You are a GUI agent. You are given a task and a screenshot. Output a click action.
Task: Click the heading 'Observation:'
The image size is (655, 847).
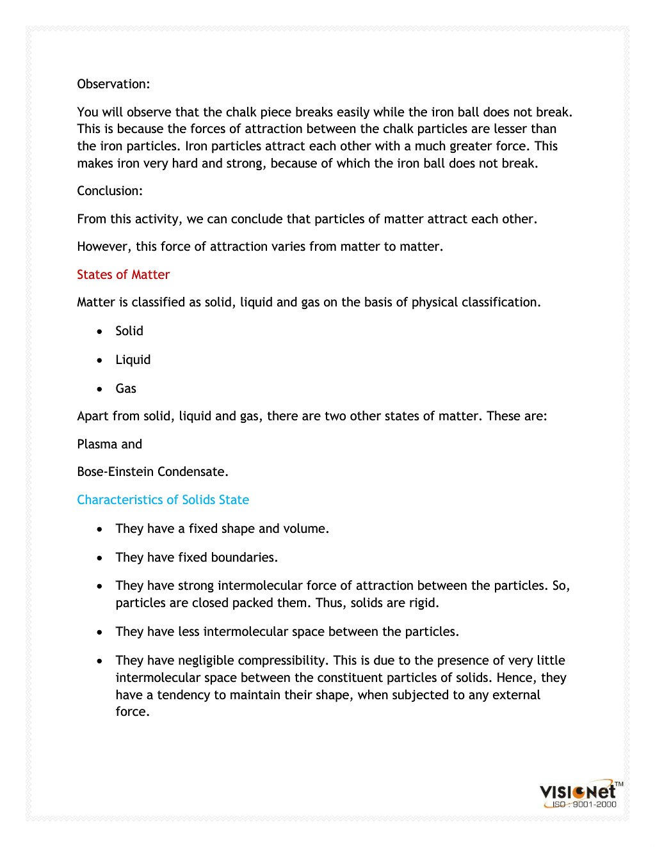[113, 84]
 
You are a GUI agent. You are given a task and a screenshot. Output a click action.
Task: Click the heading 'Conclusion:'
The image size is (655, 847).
[109, 191]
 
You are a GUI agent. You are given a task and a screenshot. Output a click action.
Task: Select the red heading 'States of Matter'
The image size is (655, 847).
[123, 274]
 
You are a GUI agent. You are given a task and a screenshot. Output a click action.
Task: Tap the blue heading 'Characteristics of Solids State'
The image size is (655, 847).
[163, 500]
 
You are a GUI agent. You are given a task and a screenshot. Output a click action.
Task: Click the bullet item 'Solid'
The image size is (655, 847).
[129, 331]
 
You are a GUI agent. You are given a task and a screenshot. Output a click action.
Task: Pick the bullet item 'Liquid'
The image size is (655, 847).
[133, 360]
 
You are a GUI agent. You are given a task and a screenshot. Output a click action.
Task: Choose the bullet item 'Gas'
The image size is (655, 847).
[125, 388]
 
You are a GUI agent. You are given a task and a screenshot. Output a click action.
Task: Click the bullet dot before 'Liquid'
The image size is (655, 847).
[99, 360]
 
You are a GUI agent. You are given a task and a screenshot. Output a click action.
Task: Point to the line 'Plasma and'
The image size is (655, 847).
[109, 444]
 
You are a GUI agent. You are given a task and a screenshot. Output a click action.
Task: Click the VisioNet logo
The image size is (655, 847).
[578, 791]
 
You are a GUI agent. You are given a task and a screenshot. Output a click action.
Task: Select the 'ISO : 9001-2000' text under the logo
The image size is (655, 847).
[584, 805]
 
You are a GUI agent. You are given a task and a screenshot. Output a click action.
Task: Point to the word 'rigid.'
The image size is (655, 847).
[423, 603]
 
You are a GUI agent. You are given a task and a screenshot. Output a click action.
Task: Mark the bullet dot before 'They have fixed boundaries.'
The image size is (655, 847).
[99, 558]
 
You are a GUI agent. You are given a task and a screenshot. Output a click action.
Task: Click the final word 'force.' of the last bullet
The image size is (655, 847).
[132, 711]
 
